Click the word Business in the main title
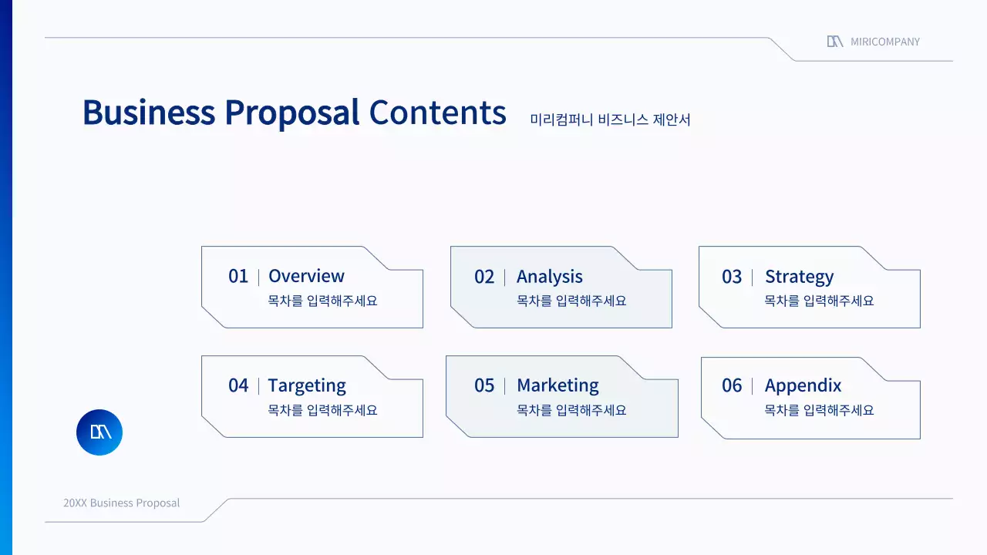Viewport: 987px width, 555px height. click(148, 113)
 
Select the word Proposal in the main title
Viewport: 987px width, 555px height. click(291, 113)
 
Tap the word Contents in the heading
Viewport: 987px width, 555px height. click(437, 113)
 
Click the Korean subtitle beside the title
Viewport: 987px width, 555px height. click(610, 119)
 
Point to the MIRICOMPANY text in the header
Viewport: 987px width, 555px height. click(885, 42)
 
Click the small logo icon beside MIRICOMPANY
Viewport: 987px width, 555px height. click(834, 42)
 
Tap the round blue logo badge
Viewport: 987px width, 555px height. click(99, 432)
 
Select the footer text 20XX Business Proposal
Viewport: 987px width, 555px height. click(121, 503)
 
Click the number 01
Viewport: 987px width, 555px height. click(238, 276)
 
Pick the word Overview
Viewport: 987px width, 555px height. click(306, 276)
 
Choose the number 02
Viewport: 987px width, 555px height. click(484, 277)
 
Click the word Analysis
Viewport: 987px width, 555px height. click(549, 277)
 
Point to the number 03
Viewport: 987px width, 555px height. click(732, 277)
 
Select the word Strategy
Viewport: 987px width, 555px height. click(799, 277)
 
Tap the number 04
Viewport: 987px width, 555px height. click(238, 385)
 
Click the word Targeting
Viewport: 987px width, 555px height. click(307, 385)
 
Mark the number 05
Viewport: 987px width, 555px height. click(484, 385)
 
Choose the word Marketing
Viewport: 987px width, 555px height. click(558, 385)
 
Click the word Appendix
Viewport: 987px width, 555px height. click(803, 385)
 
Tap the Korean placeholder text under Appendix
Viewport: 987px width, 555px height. click(819, 410)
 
